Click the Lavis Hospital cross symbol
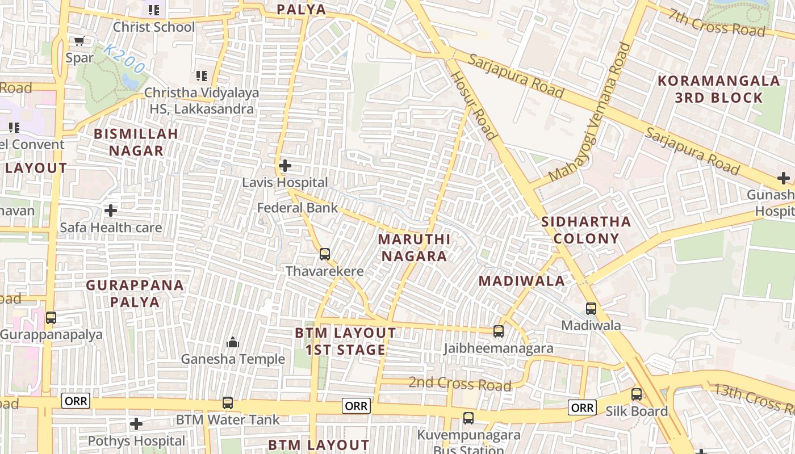285,166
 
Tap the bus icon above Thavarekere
325,254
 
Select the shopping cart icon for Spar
79,41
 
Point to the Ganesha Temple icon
233,342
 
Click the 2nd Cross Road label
459,384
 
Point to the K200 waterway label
124,58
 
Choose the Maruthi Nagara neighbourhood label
414,247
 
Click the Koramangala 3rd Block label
718,89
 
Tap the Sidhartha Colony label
586,230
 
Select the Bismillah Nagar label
136,142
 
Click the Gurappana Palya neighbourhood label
135,293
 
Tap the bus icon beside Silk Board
637,394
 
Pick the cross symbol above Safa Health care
111,211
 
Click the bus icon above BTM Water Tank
228,403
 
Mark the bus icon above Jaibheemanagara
499,331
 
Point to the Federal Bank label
297,208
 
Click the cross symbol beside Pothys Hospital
136,424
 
